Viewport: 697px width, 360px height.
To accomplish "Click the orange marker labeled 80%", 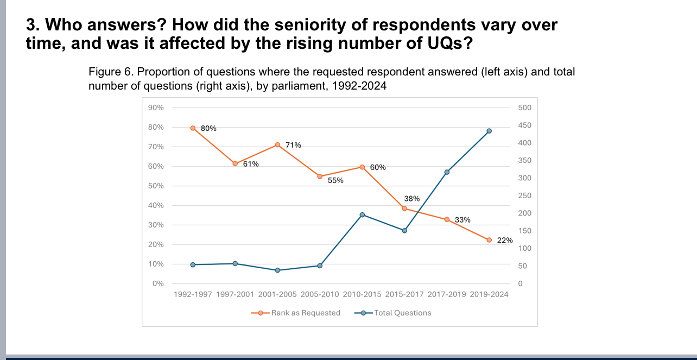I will coord(193,128).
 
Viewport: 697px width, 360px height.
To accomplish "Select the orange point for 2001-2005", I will coord(277,145).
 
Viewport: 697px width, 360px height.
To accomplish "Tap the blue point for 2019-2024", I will coord(489,131).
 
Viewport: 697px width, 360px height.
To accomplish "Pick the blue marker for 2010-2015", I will coord(362,214).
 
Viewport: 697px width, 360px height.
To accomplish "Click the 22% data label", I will coord(505,240).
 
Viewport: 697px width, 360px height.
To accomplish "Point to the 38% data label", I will coord(412,199).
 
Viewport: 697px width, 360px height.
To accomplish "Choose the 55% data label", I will coord(335,180).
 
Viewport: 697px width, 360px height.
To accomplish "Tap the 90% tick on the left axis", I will coord(156,108).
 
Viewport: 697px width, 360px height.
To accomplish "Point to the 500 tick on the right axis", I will coord(524,108).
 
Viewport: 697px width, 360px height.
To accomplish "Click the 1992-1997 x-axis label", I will coord(193,294).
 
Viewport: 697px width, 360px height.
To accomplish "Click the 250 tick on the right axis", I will coord(524,195).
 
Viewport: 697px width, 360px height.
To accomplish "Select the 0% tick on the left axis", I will coord(158,283).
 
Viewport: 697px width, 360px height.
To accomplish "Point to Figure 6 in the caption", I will coord(106,72).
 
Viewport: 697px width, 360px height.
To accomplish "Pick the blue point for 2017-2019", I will coord(447,172).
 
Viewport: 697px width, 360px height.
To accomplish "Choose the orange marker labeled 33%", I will coord(447,219).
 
